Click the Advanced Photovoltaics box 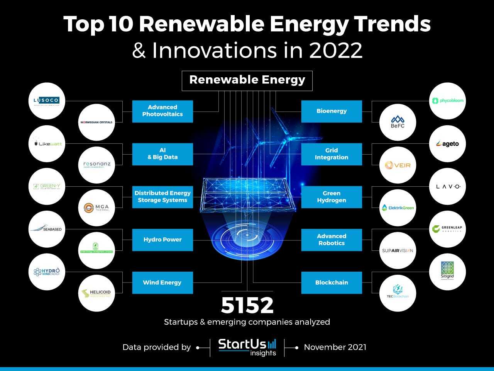pos(162,111)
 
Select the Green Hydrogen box pos(332,197)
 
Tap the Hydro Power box pos(162,240)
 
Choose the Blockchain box pos(332,283)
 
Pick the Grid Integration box pos(332,154)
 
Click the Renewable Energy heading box pos(247,80)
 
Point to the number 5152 pos(247,305)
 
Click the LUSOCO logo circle pos(46,101)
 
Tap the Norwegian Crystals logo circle pos(96,122)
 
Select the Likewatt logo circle pos(46,144)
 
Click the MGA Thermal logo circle pos(96,208)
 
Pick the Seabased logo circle pos(46,229)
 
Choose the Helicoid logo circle pos(96,293)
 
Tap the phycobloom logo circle pos(448,101)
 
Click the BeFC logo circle pos(398,122)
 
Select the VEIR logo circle pos(398,165)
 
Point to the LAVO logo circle pos(448,187)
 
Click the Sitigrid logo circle pos(448,272)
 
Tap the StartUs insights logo pos(247,347)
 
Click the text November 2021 pos(335,347)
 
